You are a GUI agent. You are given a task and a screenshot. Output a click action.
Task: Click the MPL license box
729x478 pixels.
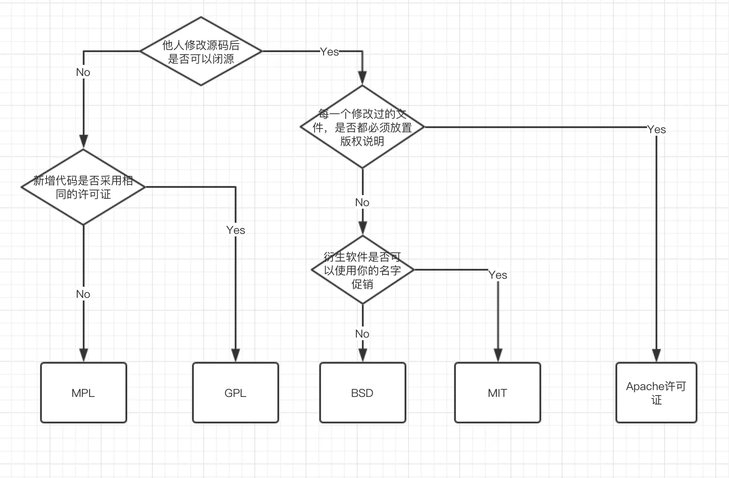click(x=84, y=393)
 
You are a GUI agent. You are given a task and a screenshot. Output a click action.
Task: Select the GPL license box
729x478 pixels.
click(x=236, y=393)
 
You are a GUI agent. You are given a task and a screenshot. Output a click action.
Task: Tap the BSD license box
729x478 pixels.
click(x=362, y=393)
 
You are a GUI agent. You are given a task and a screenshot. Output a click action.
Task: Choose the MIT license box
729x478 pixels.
click(x=498, y=393)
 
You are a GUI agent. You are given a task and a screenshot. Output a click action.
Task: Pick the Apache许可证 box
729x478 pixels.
click(x=656, y=393)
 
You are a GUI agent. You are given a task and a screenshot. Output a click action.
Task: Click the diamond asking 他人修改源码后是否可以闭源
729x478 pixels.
click(x=201, y=51)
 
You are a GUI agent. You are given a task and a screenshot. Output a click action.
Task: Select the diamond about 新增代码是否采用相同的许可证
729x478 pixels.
click(x=84, y=187)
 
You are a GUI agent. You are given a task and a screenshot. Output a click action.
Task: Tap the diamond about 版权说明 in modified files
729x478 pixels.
click(x=362, y=127)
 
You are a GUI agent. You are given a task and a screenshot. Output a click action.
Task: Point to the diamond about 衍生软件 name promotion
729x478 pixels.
click(x=362, y=270)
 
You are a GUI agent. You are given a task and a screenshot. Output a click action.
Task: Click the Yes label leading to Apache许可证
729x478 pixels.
click(x=656, y=129)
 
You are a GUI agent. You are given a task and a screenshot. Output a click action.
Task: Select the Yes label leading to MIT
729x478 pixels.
click(x=498, y=275)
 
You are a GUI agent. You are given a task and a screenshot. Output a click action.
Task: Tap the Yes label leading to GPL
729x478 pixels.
click(x=236, y=230)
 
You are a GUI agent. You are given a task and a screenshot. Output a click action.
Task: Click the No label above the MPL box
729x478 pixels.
click(x=83, y=294)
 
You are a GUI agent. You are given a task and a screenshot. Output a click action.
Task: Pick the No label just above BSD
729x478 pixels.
click(x=362, y=334)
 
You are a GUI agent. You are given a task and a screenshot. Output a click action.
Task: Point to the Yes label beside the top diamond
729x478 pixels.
click(x=330, y=52)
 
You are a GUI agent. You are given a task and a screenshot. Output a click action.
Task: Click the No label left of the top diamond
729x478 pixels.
click(x=83, y=72)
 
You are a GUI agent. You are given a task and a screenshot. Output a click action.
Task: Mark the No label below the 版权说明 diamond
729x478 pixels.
click(x=362, y=202)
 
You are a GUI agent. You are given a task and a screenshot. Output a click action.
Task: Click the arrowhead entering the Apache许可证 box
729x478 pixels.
click(x=656, y=356)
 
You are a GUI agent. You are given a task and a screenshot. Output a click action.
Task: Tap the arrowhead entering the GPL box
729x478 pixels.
click(x=236, y=356)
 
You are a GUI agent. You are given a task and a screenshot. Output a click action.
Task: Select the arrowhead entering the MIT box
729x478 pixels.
click(x=498, y=356)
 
